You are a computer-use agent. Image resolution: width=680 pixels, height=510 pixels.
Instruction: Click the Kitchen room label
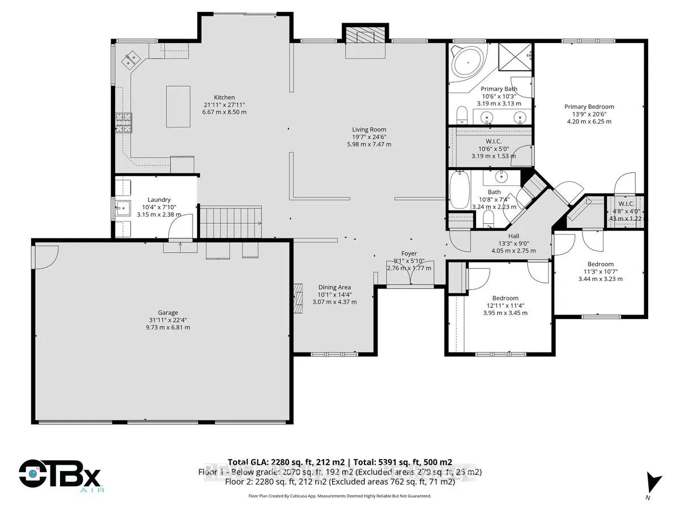coord(224,97)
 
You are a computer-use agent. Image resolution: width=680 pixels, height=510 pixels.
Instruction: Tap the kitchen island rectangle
coord(178,107)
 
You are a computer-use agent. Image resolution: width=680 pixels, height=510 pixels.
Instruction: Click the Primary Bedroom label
coord(589,107)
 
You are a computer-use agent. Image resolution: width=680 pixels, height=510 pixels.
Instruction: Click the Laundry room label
coord(159,199)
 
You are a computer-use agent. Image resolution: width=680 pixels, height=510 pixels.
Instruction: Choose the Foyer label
coord(409,253)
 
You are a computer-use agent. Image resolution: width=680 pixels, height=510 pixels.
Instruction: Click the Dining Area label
coord(334,287)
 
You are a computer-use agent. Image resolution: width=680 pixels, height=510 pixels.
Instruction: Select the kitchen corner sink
coord(131,58)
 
